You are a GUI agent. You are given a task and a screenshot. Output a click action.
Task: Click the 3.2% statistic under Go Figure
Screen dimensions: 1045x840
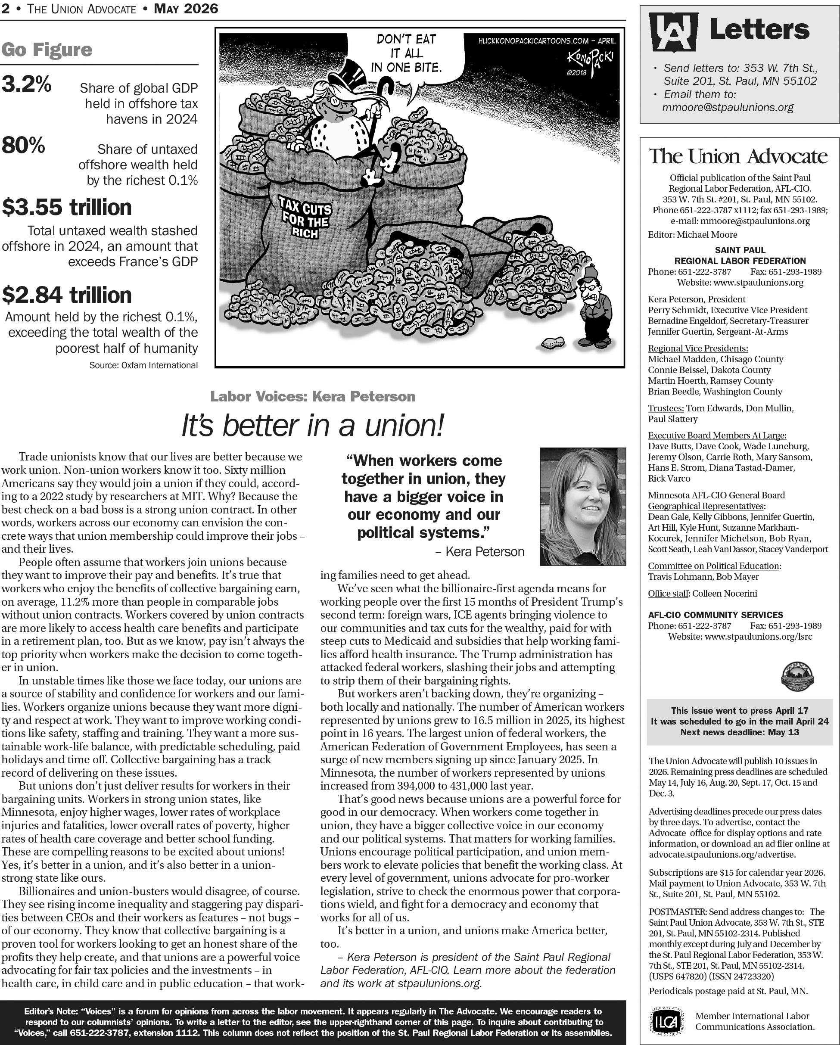click(x=27, y=84)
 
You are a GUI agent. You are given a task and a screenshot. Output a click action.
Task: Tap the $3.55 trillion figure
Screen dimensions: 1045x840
click(x=67, y=208)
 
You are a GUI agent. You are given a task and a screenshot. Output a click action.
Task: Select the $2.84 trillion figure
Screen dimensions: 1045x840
click(x=67, y=295)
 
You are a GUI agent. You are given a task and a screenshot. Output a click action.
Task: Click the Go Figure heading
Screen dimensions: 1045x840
click(x=47, y=50)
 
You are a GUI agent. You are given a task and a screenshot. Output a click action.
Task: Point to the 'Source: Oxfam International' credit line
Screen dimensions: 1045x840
click(x=143, y=365)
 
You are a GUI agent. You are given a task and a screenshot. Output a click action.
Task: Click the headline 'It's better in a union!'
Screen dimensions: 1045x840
click(x=313, y=426)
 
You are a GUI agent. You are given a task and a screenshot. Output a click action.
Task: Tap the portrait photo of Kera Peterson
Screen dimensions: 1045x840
click(x=583, y=507)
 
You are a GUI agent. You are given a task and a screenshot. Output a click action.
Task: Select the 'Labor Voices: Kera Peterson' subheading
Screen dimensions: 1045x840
click(x=313, y=396)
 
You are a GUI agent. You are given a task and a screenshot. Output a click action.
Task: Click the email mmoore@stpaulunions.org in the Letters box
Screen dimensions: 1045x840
click(x=728, y=107)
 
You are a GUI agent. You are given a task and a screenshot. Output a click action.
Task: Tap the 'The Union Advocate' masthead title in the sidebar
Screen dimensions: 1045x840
click(x=738, y=156)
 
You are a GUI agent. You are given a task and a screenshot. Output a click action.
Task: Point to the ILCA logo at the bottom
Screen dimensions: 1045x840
click(x=667, y=1020)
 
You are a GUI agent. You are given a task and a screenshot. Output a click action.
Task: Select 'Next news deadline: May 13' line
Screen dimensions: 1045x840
click(x=739, y=732)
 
